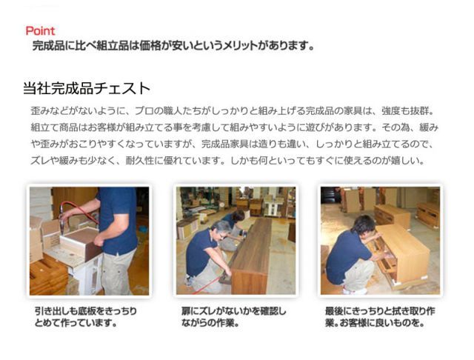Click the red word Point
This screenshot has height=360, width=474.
tap(40, 31)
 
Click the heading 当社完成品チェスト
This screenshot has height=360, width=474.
tap(87, 89)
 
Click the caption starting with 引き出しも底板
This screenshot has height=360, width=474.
tap(86, 317)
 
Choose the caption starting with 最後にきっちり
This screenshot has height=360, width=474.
tap(380, 317)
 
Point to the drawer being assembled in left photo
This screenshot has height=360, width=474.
tap(81, 242)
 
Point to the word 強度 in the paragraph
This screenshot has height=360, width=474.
tap(390, 111)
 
